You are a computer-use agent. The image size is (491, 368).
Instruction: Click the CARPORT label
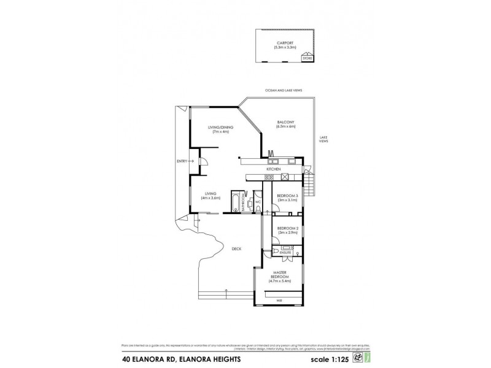coord(285,42)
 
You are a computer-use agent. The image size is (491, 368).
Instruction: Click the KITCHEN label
coord(273,169)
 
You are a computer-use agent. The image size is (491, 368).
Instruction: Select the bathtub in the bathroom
coord(236,202)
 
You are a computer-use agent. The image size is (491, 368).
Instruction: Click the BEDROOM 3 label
coord(287,196)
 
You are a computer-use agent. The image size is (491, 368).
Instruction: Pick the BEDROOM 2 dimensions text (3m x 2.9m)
coord(287,232)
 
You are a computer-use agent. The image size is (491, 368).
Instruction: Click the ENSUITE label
coord(285,252)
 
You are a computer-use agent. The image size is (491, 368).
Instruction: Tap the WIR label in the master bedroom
coord(279,301)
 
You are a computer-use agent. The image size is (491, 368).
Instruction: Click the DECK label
coord(236,249)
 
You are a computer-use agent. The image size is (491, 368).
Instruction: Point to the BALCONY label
coord(286,123)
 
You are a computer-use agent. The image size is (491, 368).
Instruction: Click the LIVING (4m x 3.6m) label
coord(211,196)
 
